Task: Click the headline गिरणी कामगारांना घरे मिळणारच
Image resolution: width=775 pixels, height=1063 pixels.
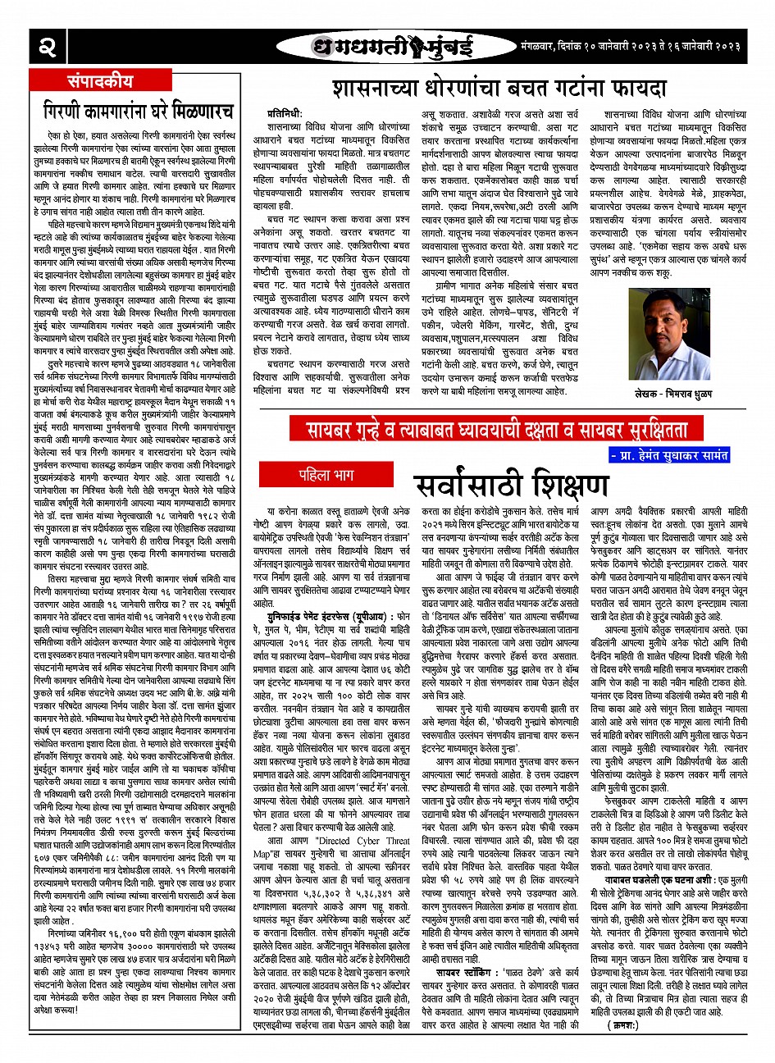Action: click(139, 110)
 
